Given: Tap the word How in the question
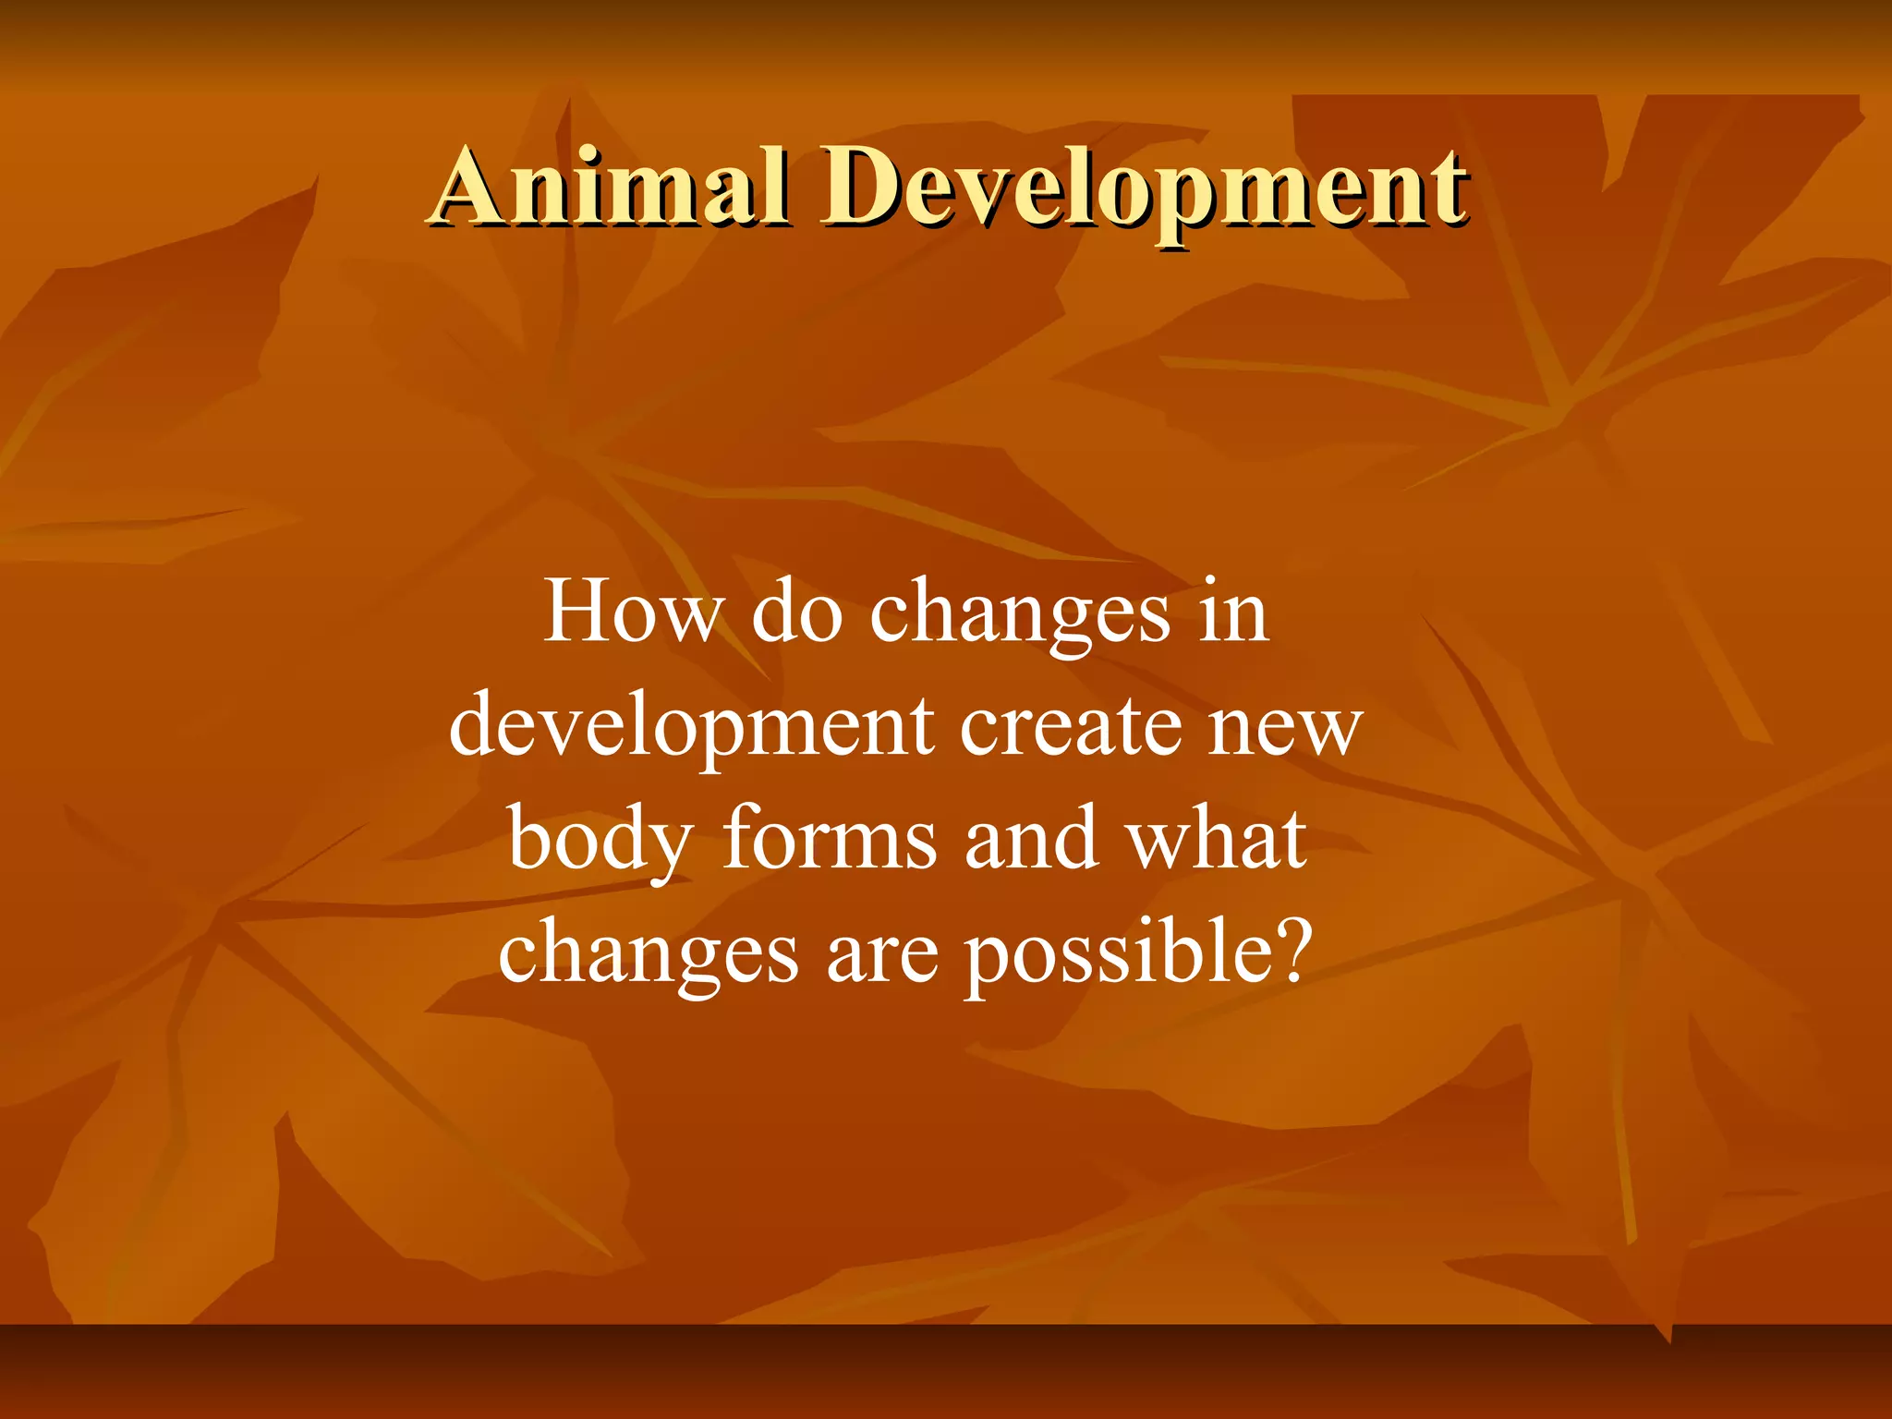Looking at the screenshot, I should tap(633, 612).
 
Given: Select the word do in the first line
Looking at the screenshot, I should tap(796, 612).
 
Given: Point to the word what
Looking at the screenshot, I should tap(1216, 839).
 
